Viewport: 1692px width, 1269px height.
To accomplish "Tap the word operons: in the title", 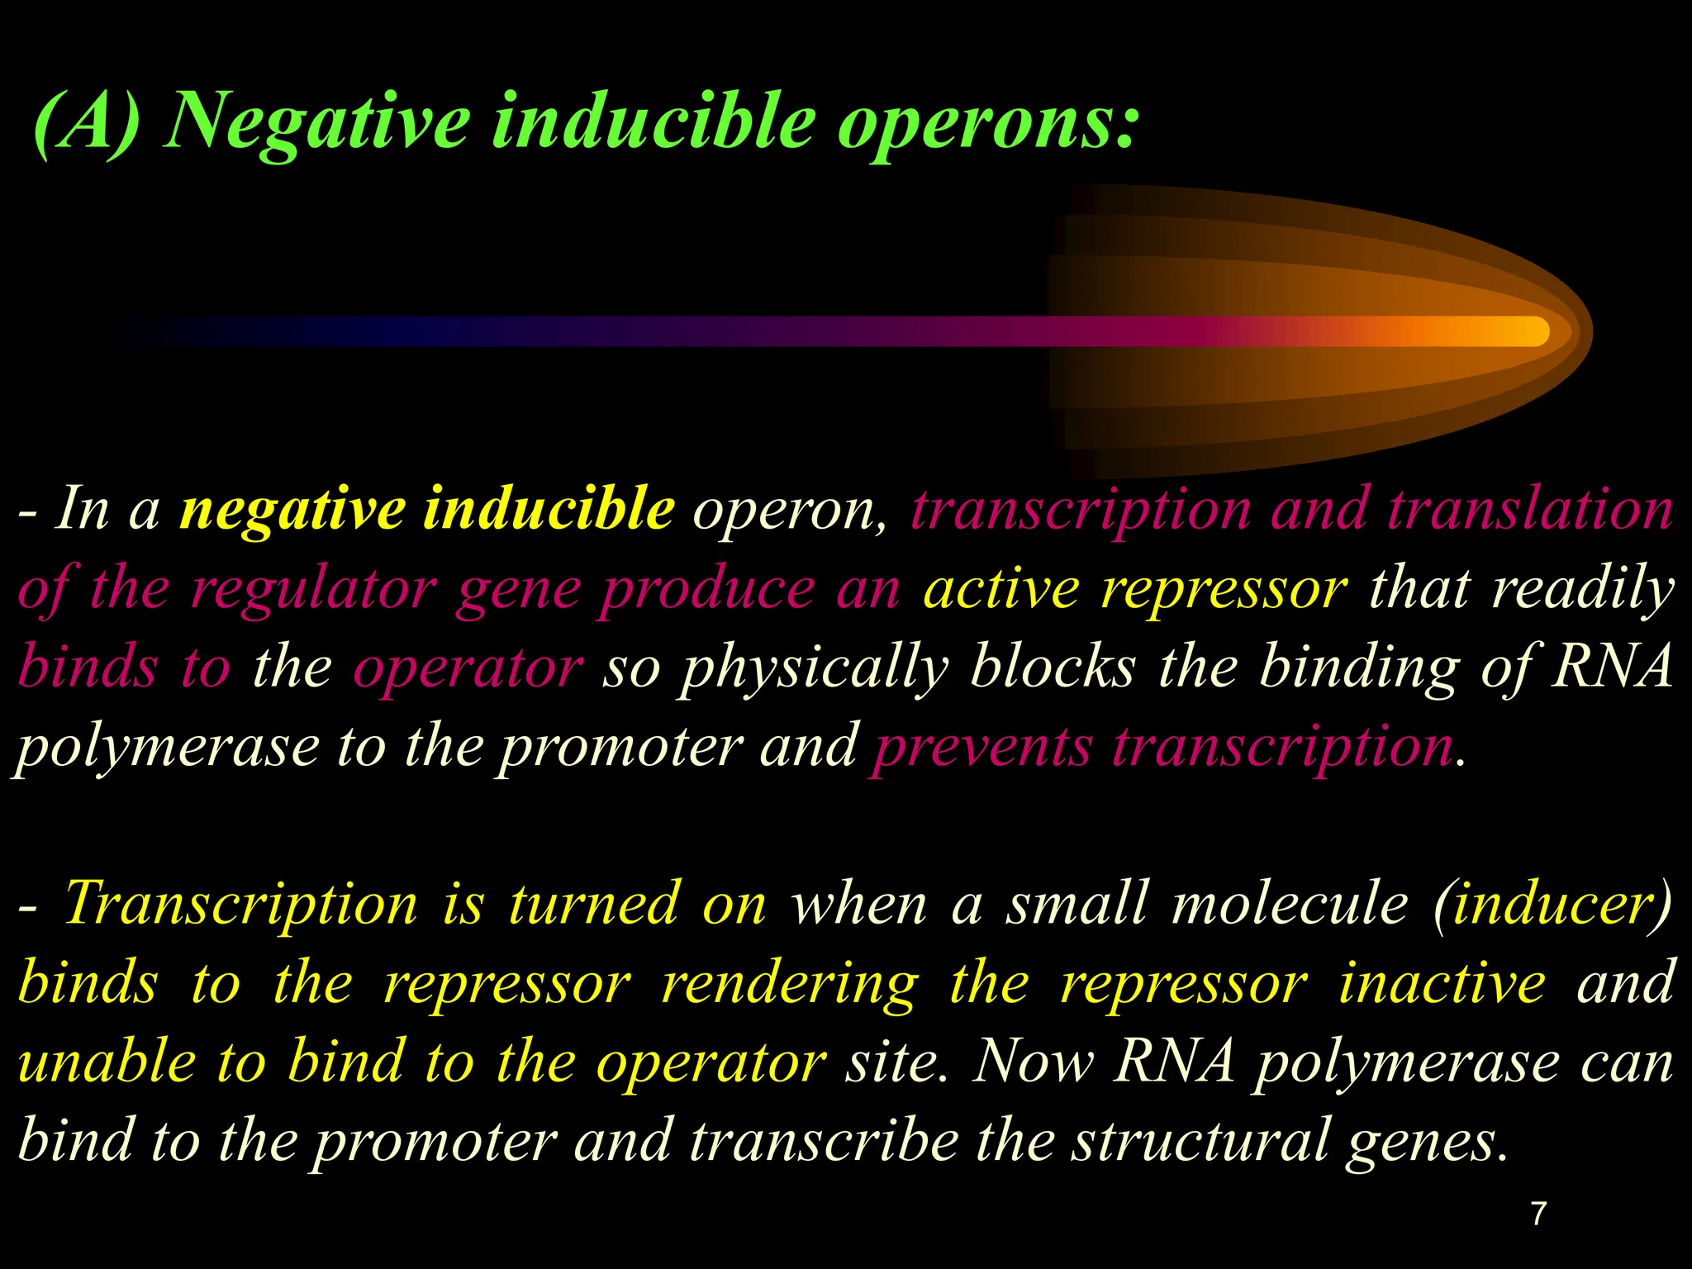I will [987, 124].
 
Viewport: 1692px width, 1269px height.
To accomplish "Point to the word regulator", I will [313, 589].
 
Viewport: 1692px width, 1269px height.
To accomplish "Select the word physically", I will [814, 668].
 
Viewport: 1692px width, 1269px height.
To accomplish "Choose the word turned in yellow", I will [595, 903].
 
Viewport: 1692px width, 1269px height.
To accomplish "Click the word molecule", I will [1290, 903].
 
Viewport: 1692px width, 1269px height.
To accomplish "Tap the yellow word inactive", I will [1442, 981].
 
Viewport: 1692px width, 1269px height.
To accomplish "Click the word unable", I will [107, 1061].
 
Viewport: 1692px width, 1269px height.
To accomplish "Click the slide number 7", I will [1538, 1213].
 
